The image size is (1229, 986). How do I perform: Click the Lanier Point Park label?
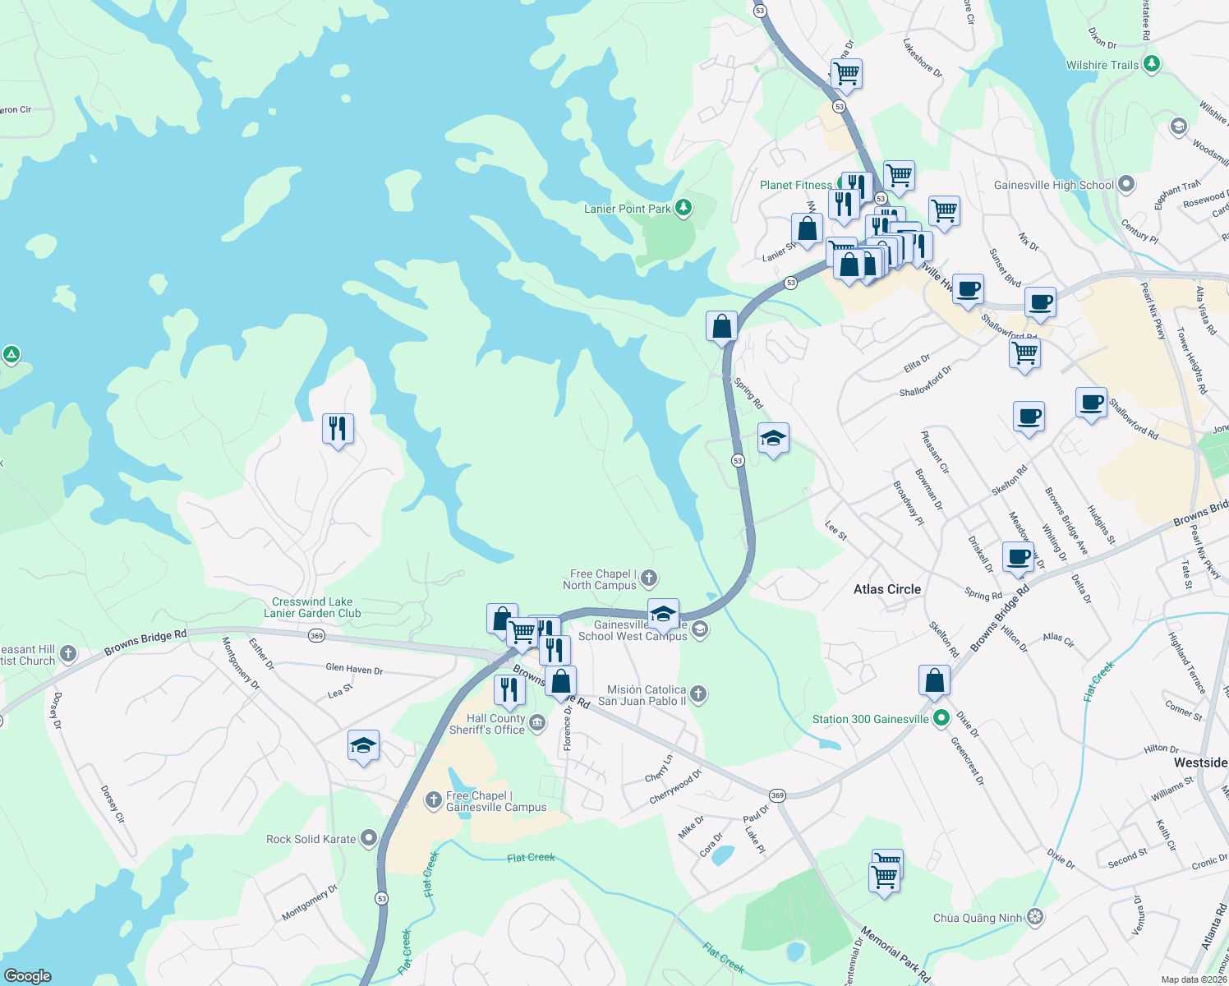click(x=628, y=209)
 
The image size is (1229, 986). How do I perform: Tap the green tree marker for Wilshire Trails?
click(x=1152, y=64)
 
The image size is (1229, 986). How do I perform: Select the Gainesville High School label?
click(x=1053, y=185)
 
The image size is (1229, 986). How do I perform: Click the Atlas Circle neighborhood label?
click(x=886, y=589)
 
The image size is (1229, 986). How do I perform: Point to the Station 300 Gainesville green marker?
click(x=941, y=718)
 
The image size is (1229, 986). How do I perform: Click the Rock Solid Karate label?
click(x=311, y=839)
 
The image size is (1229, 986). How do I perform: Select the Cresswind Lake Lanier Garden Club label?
click(x=312, y=607)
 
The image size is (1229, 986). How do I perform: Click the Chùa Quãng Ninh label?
click(x=978, y=918)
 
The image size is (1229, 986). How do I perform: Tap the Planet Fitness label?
click(x=795, y=185)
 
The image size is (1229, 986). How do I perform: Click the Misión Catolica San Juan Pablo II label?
click(x=642, y=695)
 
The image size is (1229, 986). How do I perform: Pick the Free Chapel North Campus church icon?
click(x=649, y=578)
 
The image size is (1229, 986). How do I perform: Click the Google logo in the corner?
click(x=28, y=975)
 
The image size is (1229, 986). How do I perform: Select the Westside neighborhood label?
click(x=1200, y=763)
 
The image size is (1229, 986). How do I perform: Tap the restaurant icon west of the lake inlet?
click(x=338, y=429)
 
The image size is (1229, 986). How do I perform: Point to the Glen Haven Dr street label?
click(x=354, y=670)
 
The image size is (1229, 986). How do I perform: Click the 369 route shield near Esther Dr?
click(x=317, y=635)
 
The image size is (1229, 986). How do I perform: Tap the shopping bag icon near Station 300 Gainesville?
click(x=934, y=681)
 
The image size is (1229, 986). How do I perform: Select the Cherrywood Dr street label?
click(x=675, y=786)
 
